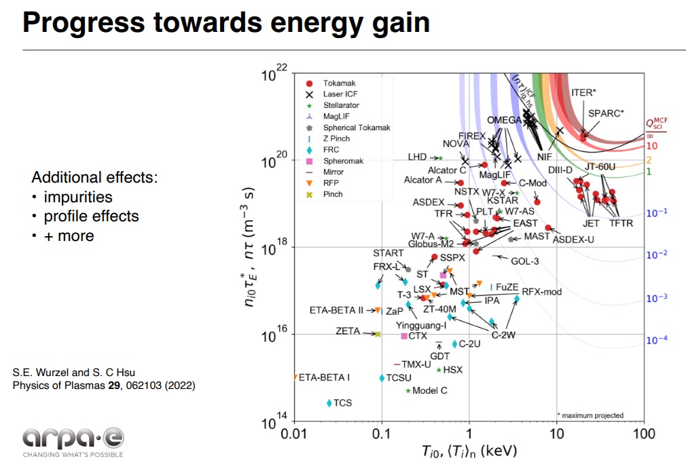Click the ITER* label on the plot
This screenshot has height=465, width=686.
coord(583,92)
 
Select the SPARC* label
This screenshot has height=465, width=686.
coord(606,113)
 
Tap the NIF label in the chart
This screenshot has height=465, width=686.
coord(544,155)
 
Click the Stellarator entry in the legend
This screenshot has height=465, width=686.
coord(341,105)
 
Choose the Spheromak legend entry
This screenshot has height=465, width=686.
coord(343,161)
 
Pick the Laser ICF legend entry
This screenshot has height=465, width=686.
coord(342,94)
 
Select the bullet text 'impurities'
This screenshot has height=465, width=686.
coord(78,197)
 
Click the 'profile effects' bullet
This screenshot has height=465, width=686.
coord(91,216)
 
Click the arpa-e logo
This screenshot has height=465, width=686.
coord(73,437)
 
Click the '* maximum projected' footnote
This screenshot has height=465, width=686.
coord(590,415)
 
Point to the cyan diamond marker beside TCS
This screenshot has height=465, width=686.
coord(329,403)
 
